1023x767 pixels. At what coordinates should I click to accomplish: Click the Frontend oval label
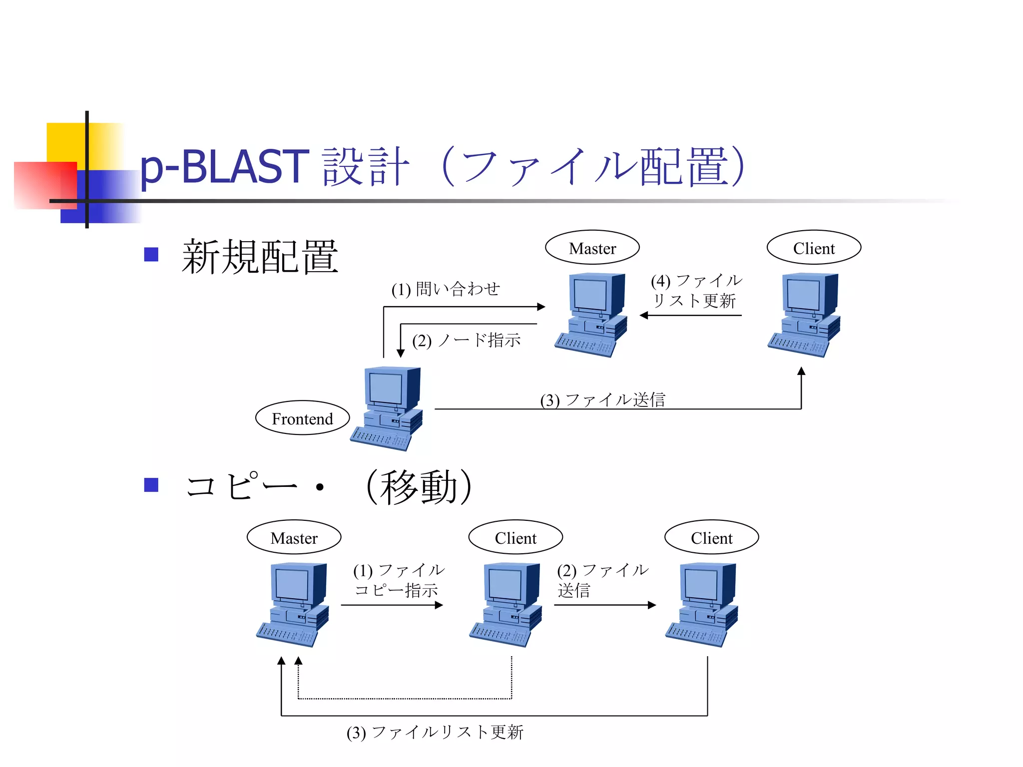click(x=302, y=418)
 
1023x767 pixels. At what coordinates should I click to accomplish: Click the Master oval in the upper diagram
click(x=592, y=248)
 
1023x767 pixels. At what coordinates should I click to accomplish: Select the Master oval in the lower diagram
click(x=294, y=537)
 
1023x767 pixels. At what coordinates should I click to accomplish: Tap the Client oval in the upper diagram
click(x=814, y=248)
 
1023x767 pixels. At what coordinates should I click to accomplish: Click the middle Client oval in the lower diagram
click(x=515, y=537)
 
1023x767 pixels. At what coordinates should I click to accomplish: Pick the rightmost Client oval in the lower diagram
click(x=711, y=537)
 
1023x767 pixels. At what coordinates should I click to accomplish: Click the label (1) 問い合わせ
click(x=446, y=289)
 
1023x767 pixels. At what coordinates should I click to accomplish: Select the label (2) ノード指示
click(x=467, y=341)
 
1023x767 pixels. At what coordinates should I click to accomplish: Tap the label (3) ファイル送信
click(x=602, y=399)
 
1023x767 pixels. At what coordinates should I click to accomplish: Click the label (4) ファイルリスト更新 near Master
click(x=696, y=291)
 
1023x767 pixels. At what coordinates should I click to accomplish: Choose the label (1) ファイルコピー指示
click(x=398, y=580)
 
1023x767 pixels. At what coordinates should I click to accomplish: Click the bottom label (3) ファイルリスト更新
click(x=435, y=732)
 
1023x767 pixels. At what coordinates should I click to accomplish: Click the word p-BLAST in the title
click(x=224, y=167)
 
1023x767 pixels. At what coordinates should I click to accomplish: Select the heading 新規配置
click(x=260, y=257)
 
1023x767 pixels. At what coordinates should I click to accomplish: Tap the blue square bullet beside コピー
click(x=151, y=485)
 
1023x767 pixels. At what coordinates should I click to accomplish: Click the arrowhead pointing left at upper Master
click(x=644, y=316)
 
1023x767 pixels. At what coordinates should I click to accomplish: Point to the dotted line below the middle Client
click(x=405, y=699)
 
